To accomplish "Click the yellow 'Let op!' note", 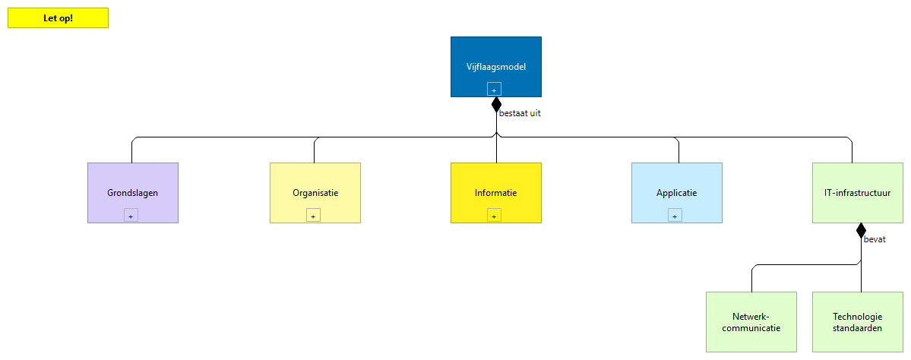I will [x=58, y=18].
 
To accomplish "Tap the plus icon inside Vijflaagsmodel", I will [x=494, y=90].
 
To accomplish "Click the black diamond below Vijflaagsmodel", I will [x=496, y=105].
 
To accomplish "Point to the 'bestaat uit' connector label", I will [x=520, y=113].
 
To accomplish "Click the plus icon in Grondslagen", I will [x=131, y=216].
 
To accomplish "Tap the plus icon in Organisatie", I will [x=313, y=216].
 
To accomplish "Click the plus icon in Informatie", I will [x=494, y=216].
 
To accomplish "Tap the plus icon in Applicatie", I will [x=675, y=216].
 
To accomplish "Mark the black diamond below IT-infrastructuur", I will [x=861, y=231].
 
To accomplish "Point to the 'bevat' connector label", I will [x=875, y=239].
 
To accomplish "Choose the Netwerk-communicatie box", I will [x=751, y=322].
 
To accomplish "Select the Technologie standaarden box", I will [x=858, y=322].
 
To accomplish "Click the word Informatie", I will [x=496, y=193].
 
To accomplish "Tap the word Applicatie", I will [x=677, y=193].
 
